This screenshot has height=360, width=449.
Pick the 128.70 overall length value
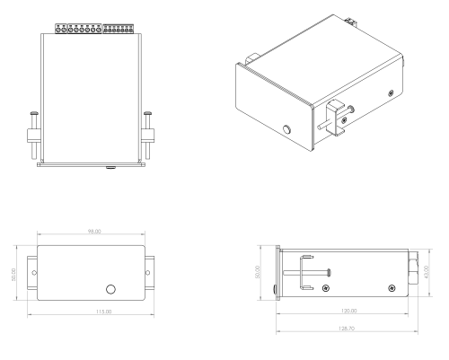349,329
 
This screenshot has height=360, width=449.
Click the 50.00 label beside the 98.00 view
13,272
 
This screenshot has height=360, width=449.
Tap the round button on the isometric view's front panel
285,130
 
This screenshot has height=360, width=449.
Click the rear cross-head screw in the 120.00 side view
392,287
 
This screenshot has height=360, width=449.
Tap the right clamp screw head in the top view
147,112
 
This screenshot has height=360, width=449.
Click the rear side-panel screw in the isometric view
389,92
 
